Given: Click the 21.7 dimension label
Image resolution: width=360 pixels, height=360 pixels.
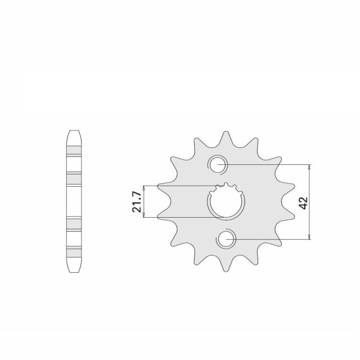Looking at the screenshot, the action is (136, 202).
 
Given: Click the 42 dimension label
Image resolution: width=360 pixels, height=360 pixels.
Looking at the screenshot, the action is (304, 203).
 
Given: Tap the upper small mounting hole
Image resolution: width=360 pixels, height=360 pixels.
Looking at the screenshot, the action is (217, 164).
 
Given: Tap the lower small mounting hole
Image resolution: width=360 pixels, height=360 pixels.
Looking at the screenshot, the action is (226, 239).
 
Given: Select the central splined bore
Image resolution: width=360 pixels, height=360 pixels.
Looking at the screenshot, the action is (226, 201).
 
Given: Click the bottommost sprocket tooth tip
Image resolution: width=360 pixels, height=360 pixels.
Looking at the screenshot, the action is (226, 271).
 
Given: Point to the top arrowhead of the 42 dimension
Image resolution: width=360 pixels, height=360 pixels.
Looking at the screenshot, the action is (309, 166).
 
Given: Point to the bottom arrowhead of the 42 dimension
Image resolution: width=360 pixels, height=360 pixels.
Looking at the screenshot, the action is (309, 237).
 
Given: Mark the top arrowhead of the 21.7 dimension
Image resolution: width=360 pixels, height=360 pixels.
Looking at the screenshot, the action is (144, 188).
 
